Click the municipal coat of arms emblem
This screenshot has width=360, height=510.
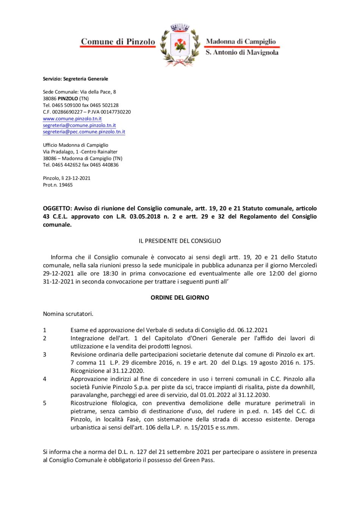pos(180,45)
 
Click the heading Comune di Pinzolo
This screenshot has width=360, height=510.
pos(118,42)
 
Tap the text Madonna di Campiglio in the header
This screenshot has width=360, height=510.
pos(241,41)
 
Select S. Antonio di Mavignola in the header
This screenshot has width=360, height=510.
pos(242,52)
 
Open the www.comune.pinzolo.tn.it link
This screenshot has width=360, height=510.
pos(72,119)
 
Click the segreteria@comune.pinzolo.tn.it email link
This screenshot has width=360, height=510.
pos(79,125)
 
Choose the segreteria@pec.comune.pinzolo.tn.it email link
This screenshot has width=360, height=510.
pos(84,132)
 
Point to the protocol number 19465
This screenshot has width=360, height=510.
pos(66,185)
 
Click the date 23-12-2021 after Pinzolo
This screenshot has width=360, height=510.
pos(78,178)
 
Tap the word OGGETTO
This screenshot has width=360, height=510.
pos(57,208)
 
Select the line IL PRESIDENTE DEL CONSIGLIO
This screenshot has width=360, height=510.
pos(180,241)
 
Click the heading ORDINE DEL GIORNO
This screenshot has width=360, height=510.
pos(180,298)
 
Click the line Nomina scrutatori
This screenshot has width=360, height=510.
pos(68,314)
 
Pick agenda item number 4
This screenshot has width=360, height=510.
pos(45,379)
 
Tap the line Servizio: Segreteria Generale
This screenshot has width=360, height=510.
pos(75,79)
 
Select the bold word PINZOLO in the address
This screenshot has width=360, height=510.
pos(68,99)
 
